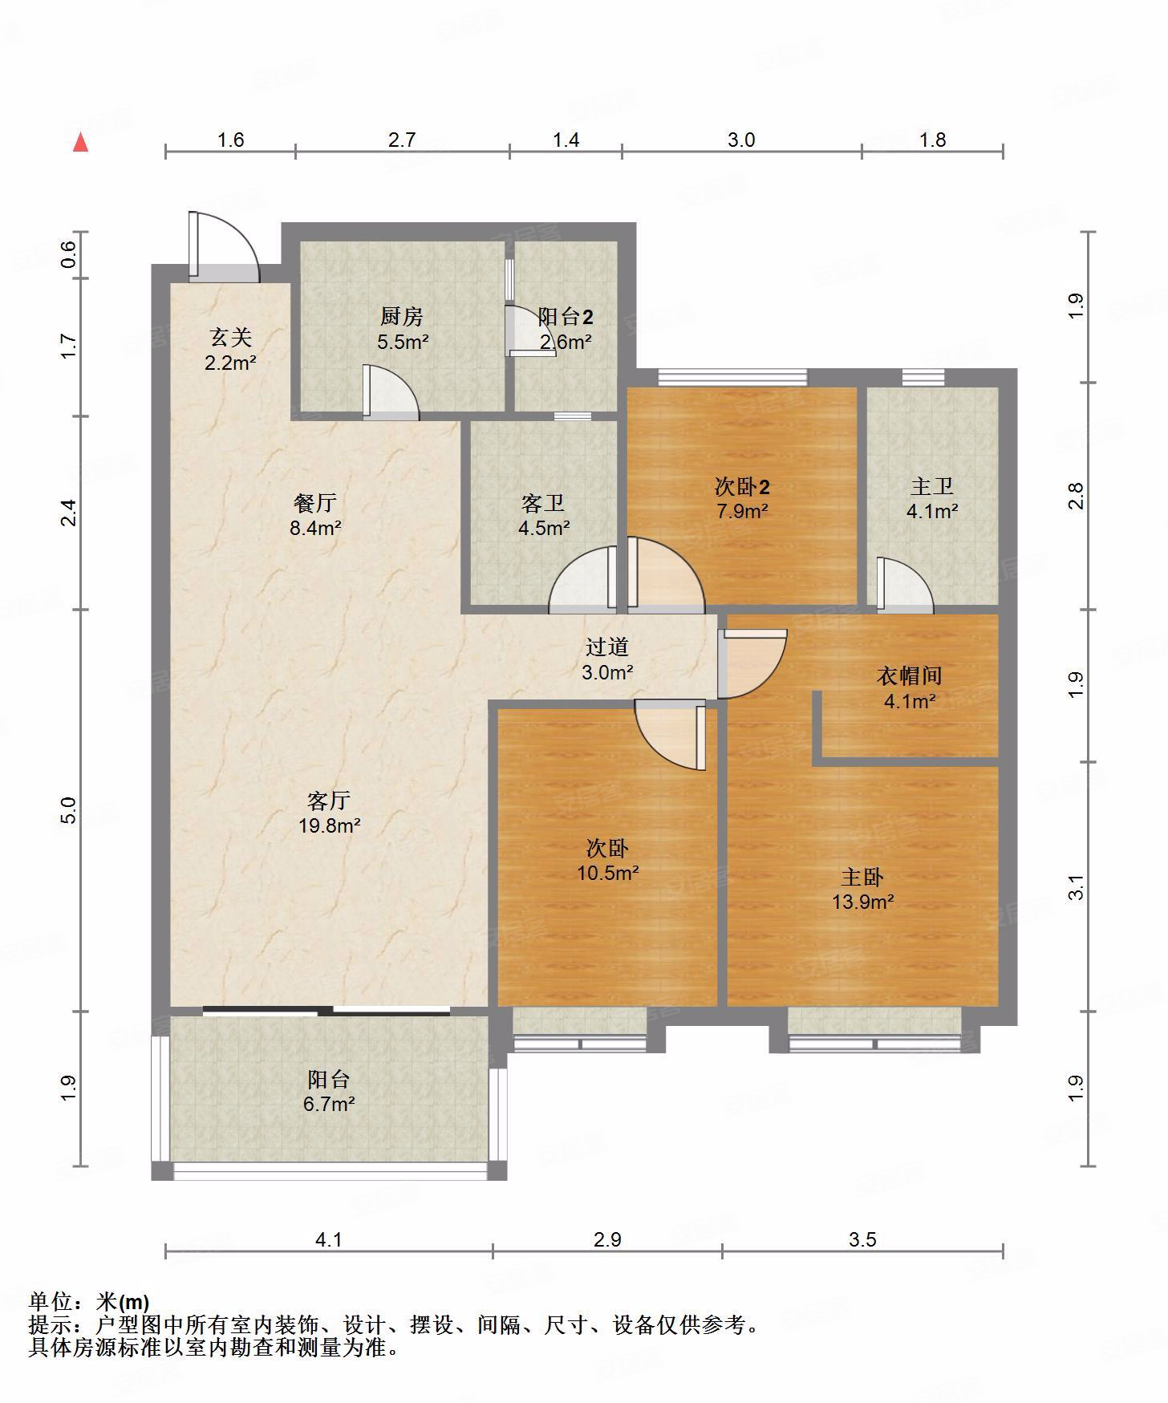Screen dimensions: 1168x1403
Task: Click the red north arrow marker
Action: click(80, 143)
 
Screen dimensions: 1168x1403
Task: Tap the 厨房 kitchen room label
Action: click(402, 316)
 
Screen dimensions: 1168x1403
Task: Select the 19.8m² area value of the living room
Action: click(330, 825)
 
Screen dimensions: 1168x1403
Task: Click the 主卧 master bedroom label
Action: click(862, 877)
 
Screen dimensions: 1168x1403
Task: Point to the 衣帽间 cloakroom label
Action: click(909, 676)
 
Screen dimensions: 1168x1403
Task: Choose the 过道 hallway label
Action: click(607, 647)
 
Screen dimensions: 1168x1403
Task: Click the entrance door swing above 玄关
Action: click(224, 246)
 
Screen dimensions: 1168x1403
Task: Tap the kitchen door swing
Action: click(390, 392)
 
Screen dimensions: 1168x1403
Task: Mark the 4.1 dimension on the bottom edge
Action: click(328, 1239)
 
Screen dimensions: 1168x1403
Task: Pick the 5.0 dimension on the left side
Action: click(69, 810)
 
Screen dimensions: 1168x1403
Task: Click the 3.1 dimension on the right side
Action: click(1077, 887)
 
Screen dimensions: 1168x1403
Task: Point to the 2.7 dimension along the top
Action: click(402, 140)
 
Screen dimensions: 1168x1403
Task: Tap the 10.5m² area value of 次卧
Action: click(608, 873)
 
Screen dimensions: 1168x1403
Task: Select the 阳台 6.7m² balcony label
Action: click(329, 1091)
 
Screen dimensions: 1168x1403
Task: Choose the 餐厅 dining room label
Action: click(315, 503)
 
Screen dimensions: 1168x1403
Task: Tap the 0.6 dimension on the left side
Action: click(69, 254)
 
